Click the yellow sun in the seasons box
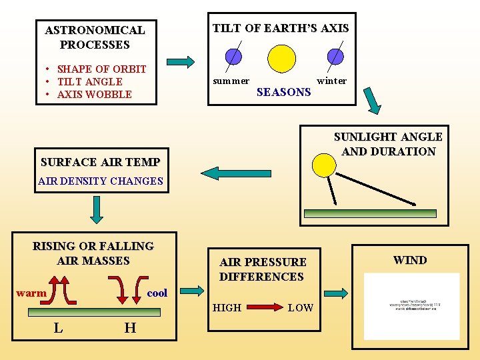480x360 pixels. point(281,58)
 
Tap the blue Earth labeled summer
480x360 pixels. point(233,56)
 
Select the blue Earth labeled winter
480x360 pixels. point(336,56)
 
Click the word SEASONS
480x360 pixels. point(283,92)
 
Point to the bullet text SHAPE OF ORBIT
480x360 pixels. point(101,69)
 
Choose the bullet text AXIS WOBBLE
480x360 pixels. point(94,94)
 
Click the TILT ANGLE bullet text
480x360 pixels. point(89,81)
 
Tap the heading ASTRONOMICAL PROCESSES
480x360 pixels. point(95,37)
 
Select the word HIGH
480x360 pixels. point(227,307)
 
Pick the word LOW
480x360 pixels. point(300,307)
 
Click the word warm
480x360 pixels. point(31,293)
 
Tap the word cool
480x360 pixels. point(157,293)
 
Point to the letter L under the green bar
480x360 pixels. point(59,327)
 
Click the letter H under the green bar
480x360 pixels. point(130,327)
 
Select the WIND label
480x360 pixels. point(410,260)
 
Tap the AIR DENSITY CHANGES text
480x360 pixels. point(101,181)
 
